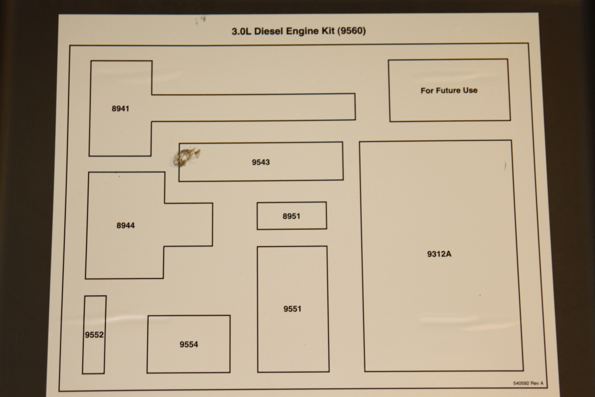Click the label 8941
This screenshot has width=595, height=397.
(120, 108)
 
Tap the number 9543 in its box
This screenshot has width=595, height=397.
(261, 162)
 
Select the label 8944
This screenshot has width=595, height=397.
(125, 225)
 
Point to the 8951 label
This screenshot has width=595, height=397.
(291, 216)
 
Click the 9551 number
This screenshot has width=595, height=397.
(292, 309)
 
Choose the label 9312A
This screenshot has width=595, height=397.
(439, 253)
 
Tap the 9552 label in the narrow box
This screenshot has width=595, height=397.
(94, 335)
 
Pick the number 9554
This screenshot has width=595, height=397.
(189, 344)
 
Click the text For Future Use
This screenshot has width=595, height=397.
(449, 90)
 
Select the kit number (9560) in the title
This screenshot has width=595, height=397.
(351, 31)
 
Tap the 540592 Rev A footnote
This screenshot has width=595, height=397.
(528, 383)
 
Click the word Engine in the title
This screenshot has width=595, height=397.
(302, 31)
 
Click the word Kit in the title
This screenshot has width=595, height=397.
(327, 31)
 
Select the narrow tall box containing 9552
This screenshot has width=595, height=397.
(94, 357)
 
